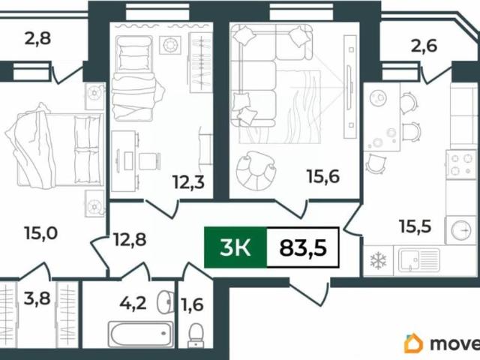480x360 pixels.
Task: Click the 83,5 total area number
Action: tap(303, 247)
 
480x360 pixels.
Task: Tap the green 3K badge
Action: tap(235, 247)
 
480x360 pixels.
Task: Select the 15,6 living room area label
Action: tap(323, 177)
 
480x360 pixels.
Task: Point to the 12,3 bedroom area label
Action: tap(188, 182)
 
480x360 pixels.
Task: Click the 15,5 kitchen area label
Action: tap(415, 226)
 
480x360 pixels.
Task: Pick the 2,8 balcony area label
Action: tap(37, 40)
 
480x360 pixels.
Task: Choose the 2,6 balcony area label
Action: tap(424, 46)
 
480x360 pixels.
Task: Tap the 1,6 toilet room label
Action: tap(193, 305)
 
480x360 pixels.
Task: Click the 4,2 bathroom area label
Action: tap(133, 304)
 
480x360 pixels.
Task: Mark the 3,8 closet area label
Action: tap(37, 298)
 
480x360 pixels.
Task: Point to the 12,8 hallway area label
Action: tap(130, 240)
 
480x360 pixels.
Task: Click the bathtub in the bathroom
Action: tap(141, 334)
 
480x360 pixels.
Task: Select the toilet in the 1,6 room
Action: tap(195, 336)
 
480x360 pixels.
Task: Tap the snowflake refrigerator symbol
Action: tap(378, 261)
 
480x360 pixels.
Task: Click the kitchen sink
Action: tap(418, 260)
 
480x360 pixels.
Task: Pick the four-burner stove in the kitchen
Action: tap(461, 164)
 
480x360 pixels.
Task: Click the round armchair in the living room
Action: tap(256, 170)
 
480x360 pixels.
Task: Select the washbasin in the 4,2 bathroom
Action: tap(165, 302)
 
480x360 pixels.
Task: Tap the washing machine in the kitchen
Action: tap(460, 230)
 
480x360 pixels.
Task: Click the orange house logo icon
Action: tap(413, 343)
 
